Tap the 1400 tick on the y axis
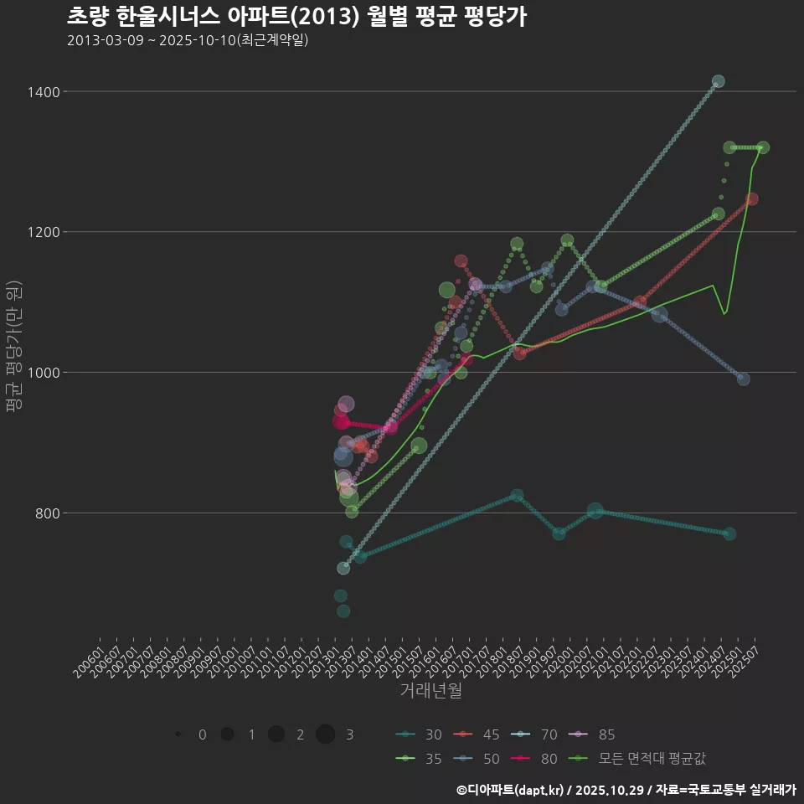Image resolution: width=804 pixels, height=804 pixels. [41, 91]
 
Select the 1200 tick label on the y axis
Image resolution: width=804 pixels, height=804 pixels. [41, 232]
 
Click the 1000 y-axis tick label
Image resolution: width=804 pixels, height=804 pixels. [41, 373]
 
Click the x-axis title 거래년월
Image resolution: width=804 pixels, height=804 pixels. [430, 690]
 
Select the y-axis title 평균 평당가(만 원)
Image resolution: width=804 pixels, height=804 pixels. [13, 346]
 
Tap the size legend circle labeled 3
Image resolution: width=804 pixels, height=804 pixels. [326, 734]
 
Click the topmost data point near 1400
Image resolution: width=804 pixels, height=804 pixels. [718, 81]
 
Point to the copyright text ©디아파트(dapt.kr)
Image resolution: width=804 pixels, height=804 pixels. [510, 790]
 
